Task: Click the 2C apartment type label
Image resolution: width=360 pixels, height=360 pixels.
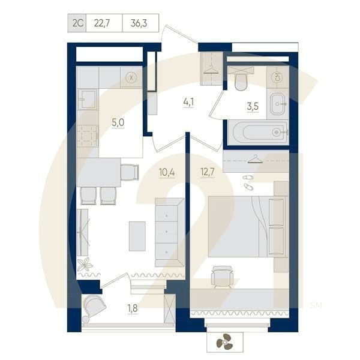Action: click(77, 23)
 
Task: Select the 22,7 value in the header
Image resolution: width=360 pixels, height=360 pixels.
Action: click(102, 23)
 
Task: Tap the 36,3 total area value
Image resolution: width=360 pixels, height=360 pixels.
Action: click(139, 23)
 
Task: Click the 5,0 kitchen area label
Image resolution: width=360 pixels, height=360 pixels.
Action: click(118, 122)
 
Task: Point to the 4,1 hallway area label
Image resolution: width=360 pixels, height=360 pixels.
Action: click(188, 102)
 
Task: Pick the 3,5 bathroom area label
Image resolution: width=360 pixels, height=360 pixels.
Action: click(253, 107)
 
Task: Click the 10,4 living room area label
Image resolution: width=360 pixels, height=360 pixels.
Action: click(167, 172)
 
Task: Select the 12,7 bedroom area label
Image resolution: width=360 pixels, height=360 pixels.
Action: click(208, 172)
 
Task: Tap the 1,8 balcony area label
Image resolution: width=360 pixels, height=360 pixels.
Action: click(133, 308)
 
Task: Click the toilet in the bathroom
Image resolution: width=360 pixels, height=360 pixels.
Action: click(241, 79)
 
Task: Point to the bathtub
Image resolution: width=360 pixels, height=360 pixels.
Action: click(260, 132)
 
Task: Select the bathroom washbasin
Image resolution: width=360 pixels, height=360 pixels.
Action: click(279, 104)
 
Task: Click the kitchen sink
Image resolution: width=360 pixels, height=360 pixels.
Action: click(87, 99)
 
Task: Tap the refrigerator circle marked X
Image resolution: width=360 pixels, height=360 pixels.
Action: click(131, 77)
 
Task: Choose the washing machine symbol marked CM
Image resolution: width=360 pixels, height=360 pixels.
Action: click(278, 77)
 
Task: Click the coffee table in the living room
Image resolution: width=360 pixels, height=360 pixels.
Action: click(137, 236)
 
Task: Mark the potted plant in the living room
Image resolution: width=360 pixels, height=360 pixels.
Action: click(85, 264)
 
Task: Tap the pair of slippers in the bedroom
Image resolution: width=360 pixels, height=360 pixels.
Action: click(248, 182)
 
